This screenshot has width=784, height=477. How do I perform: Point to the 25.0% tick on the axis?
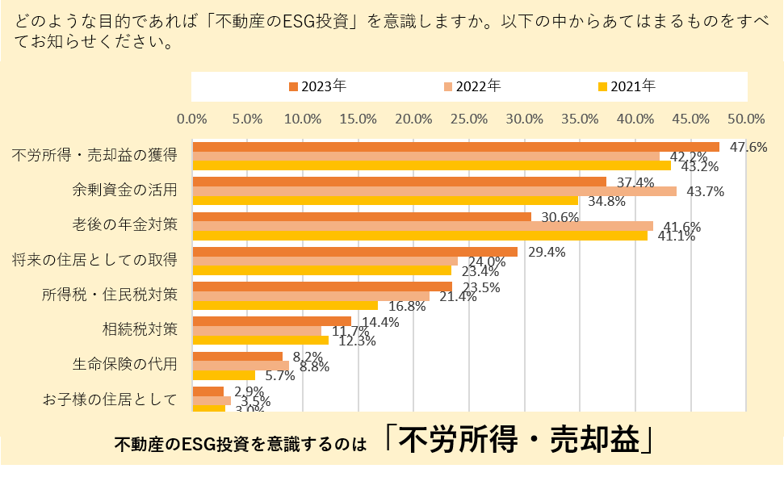[469, 119]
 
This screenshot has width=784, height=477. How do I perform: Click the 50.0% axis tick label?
[746, 119]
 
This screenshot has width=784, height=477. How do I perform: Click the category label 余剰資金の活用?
[124, 190]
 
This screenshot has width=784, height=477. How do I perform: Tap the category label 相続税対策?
[139, 328]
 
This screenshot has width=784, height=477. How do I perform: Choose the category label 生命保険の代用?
[124, 363]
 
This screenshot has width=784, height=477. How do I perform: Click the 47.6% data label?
[747, 147]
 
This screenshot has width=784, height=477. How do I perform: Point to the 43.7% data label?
[704, 191]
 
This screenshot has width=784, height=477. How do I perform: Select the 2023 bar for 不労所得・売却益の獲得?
[455, 147]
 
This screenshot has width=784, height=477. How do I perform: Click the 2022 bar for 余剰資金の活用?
[434, 191]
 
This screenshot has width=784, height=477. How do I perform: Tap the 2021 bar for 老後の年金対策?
[420, 236]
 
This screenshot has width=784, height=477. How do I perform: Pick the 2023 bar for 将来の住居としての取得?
[355, 252]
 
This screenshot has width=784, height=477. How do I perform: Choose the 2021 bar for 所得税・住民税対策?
[285, 305]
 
